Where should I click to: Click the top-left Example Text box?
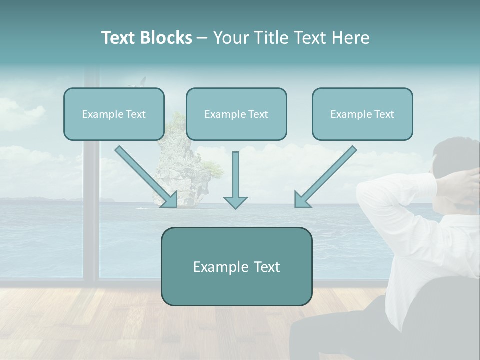coord(114,114)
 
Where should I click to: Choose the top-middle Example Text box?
coord(236,114)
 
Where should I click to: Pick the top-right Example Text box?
coord(362,114)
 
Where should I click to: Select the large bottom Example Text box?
coord(236,267)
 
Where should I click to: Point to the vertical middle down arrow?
coord(235,180)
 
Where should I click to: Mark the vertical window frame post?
coord(91,200)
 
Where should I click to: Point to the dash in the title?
coord(202,38)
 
